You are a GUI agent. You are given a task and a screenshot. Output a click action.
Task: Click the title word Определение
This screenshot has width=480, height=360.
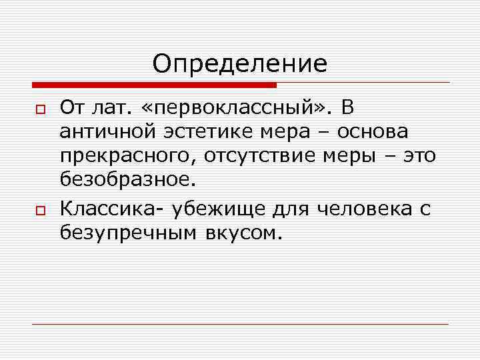[240, 64]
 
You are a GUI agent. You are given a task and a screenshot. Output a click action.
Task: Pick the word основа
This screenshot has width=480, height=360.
[379, 132]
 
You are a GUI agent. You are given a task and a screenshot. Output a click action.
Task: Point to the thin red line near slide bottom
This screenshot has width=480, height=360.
[240, 324]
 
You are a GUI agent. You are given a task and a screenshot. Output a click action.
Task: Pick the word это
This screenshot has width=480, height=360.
[419, 157]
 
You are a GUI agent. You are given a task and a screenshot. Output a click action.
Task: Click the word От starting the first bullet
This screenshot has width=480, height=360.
[72, 107]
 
